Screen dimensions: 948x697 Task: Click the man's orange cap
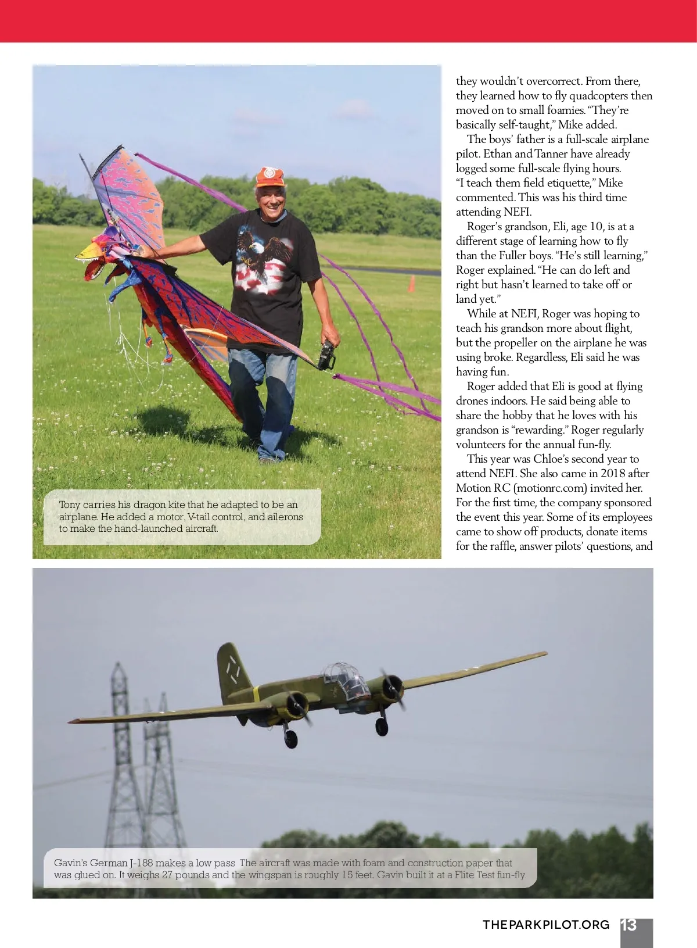[270, 177]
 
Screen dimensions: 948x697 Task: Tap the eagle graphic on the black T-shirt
[264, 250]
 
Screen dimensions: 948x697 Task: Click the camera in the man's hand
[326, 355]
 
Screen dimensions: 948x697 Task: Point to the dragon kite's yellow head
[91, 251]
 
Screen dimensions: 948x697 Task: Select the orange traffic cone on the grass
[412, 284]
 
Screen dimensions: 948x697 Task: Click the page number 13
[629, 925]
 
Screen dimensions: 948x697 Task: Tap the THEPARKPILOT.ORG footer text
[546, 925]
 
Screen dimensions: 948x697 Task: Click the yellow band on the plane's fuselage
[256, 695]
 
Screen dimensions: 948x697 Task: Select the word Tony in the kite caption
[70, 505]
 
